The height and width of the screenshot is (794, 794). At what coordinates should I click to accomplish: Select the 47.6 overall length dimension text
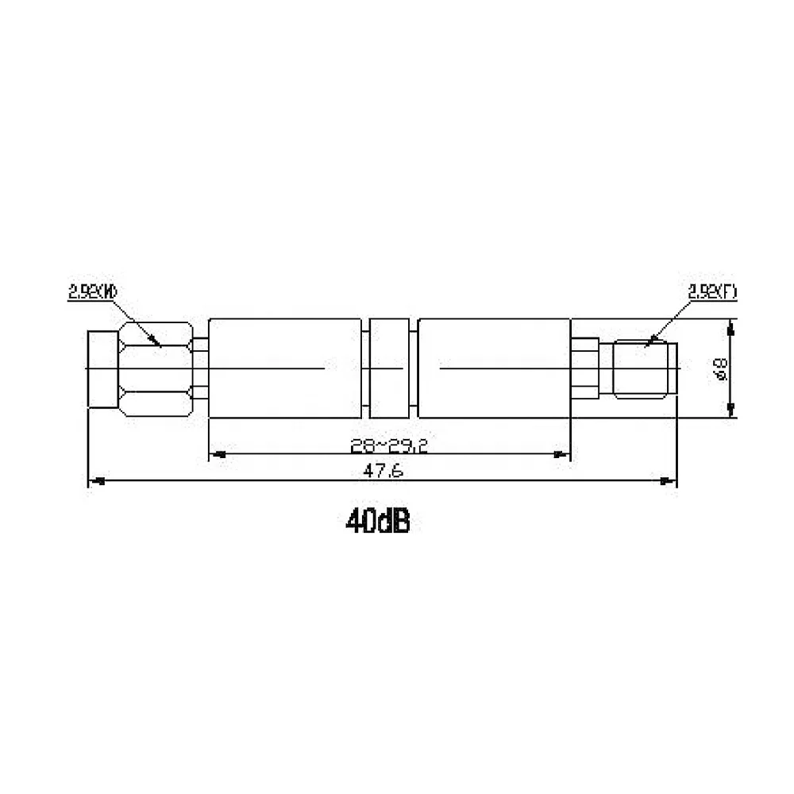click(385, 471)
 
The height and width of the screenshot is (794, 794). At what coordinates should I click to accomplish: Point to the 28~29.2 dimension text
click(389, 446)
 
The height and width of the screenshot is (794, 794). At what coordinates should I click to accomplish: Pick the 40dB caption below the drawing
click(377, 522)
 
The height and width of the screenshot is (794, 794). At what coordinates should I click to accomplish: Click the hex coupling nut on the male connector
click(155, 368)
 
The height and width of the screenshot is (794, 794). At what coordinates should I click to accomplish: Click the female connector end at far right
click(646, 368)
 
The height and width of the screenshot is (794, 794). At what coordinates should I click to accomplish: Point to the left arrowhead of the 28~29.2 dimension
click(217, 455)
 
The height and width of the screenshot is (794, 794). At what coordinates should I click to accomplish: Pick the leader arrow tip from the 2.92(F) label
click(647, 343)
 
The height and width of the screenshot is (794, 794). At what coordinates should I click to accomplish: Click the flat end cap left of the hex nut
click(101, 368)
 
